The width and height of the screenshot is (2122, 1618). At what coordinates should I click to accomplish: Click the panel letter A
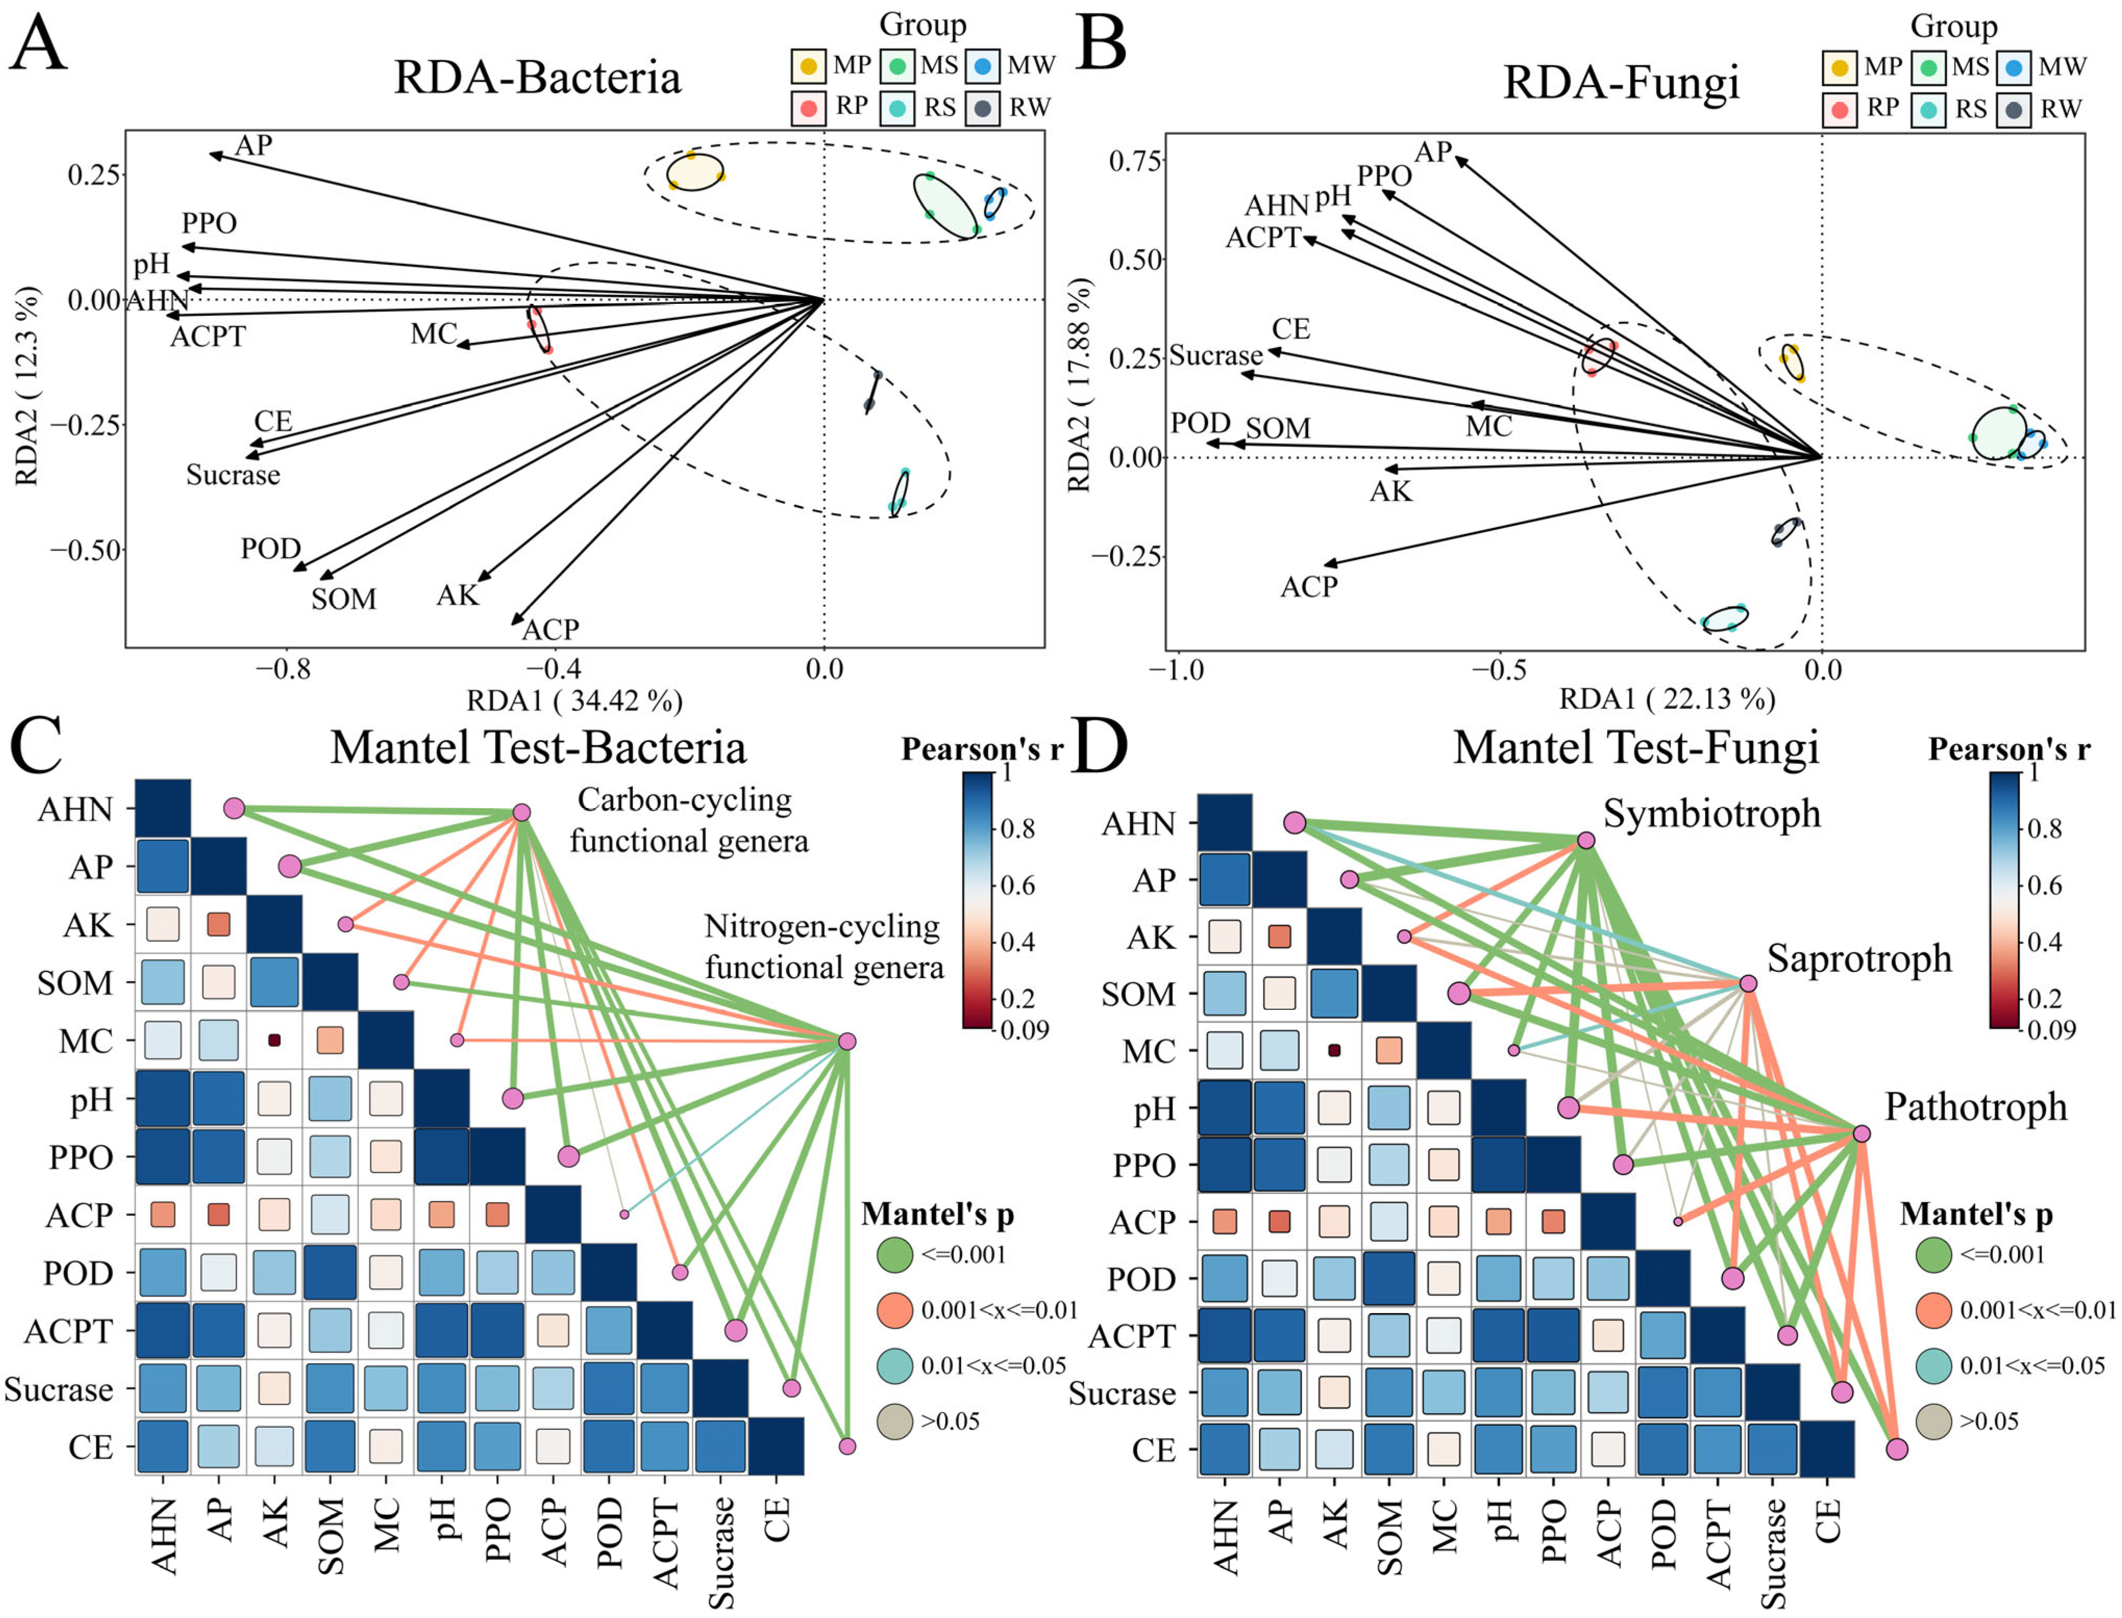pos(39,43)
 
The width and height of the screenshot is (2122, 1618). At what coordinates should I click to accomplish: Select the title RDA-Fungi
pos(1621,82)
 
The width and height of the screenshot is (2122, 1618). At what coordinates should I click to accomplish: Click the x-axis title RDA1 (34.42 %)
pos(575,700)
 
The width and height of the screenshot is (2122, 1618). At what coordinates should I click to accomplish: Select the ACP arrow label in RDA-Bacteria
pos(551,630)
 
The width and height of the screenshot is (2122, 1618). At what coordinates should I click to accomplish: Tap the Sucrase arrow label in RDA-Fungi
pos(1216,356)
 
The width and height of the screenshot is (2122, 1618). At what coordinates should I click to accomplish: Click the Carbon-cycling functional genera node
pos(521,812)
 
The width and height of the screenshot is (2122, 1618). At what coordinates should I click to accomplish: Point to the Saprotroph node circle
pos(1748,983)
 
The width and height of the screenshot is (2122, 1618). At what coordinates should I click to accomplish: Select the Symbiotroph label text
pos(1712,814)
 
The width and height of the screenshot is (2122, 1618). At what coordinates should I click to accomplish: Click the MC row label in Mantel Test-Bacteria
pos(86,1041)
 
